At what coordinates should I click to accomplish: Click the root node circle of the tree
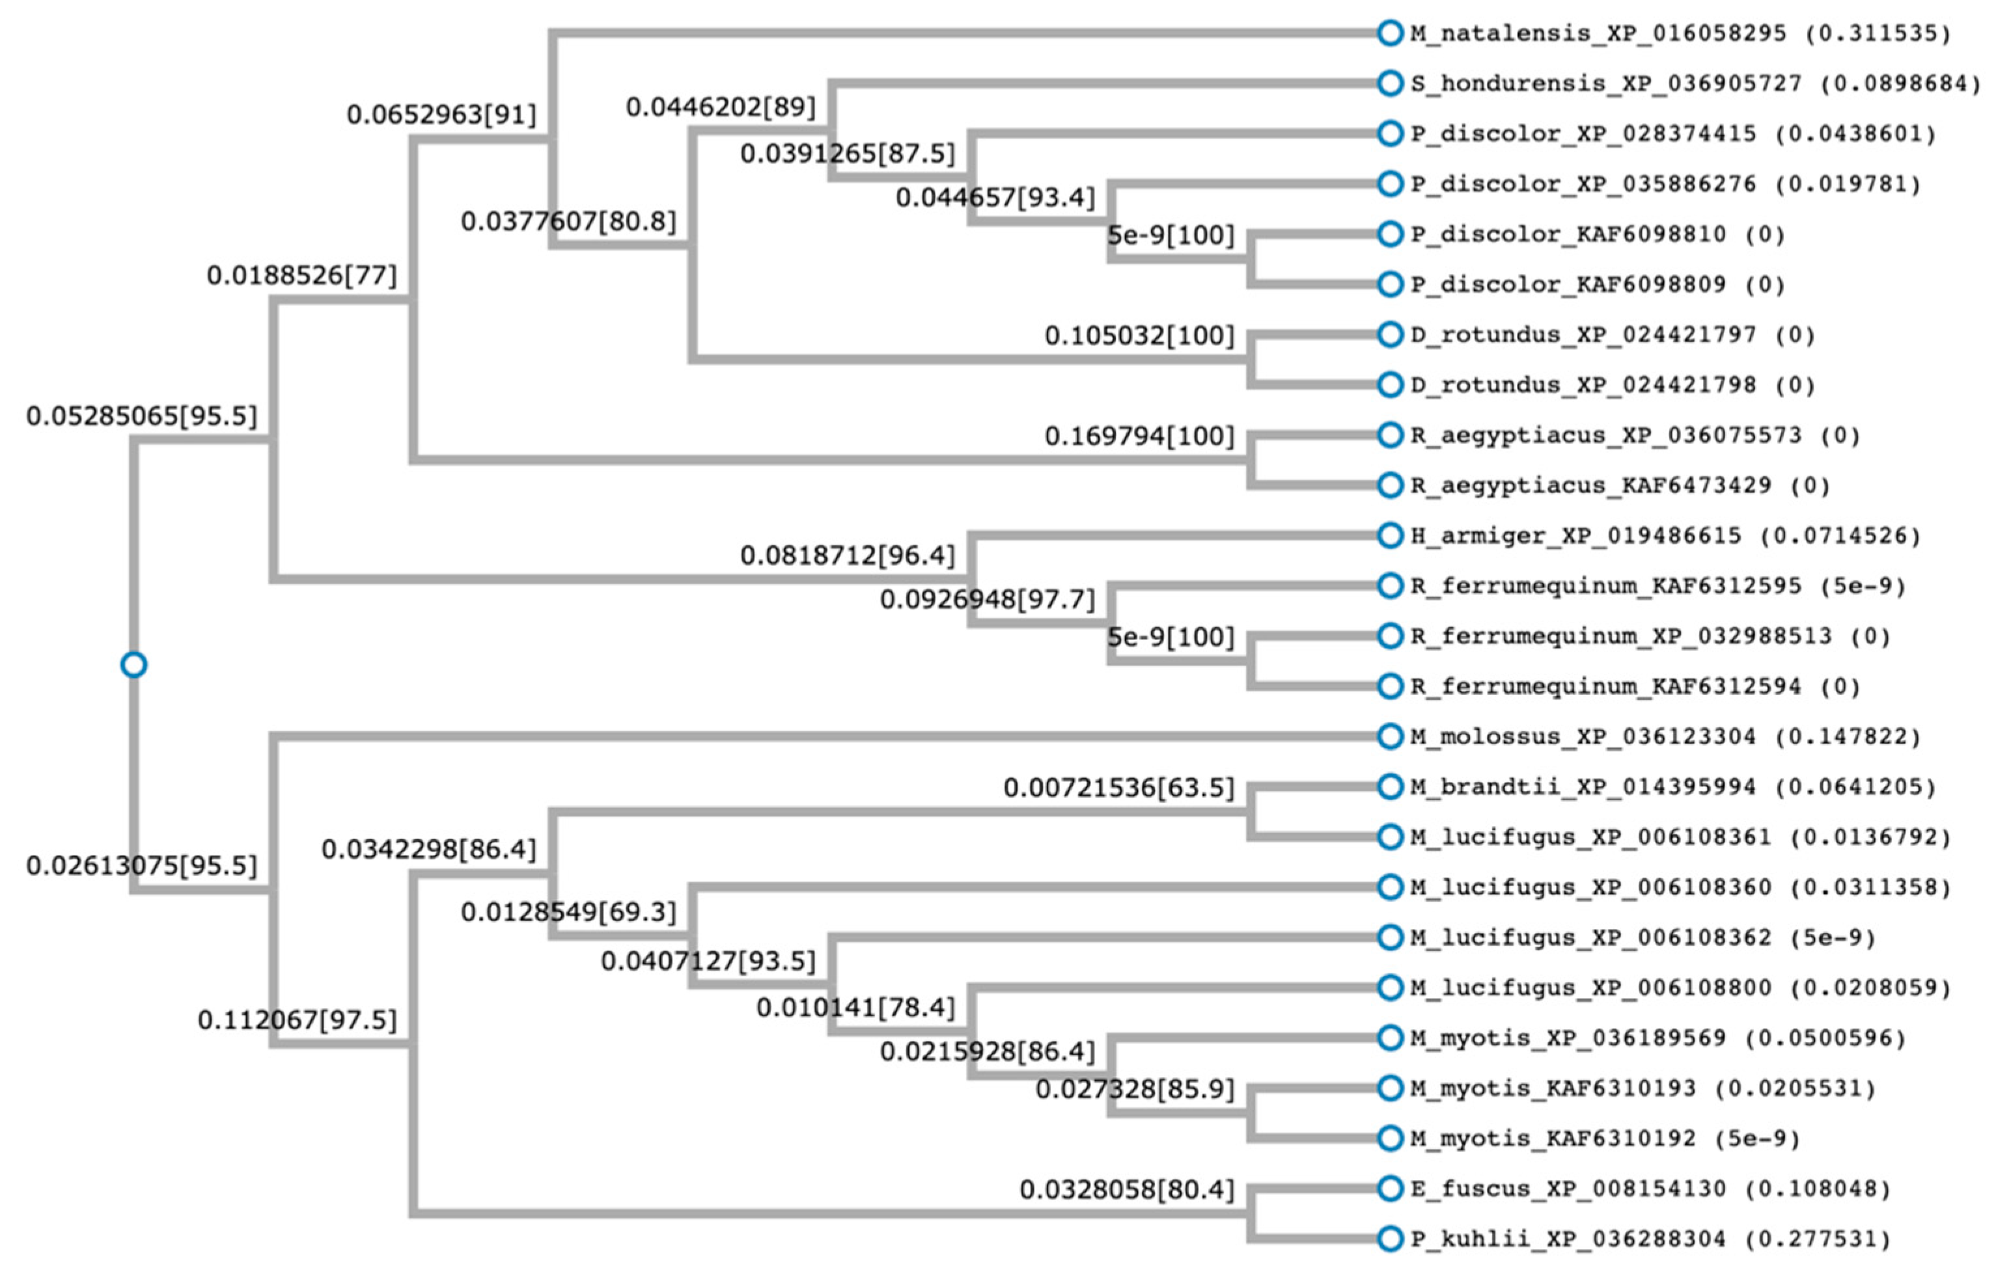[x=133, y=665]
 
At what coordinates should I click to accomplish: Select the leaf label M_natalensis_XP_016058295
[x=1597, y=34]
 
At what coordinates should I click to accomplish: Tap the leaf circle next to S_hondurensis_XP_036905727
[x=1389, y=84]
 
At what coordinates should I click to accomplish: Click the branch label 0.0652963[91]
[x=441, y=114]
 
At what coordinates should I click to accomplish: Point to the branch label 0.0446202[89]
[x=720, y=107]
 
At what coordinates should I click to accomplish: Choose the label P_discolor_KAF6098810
[x=1568, y=235]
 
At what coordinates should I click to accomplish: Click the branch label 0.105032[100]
[x=1139, y=336]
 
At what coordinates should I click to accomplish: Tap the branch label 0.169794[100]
[x=1139, y=436]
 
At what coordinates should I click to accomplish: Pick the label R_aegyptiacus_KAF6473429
[x=1590, y=486]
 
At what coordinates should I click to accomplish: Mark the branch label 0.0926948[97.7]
[x=987, y=598]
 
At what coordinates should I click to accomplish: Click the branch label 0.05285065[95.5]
[x=142, y=416]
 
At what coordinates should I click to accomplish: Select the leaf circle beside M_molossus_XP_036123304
[x=1389, y=736]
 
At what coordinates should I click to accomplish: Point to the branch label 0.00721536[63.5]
[x=1119, y=788]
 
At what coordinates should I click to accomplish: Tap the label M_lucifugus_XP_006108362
[x=1590, y=938]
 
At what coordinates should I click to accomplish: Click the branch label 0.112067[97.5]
[x=297, y=1020]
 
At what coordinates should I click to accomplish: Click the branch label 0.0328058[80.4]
[x=1127, y=1190]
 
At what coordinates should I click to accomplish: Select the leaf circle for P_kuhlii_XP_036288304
[x=1389, y=1239]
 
